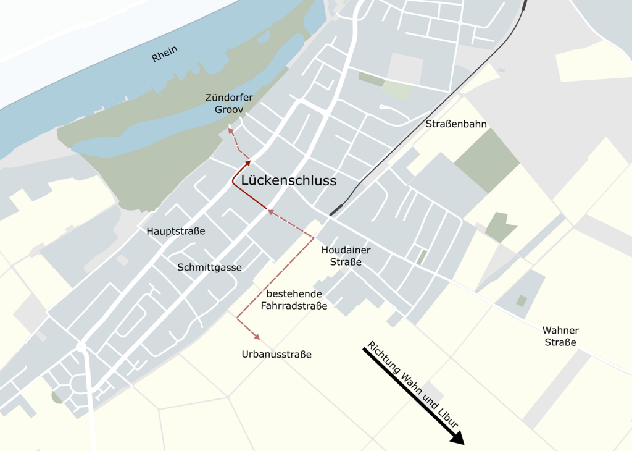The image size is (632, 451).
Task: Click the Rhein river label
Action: (165, 54)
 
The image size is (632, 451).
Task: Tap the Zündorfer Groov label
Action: (230, 103)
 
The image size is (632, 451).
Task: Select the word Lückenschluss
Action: (289, 180)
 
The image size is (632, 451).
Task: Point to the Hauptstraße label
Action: (176, 231)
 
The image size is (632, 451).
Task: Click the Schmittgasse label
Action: (209, 268)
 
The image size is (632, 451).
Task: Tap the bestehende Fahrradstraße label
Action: (294, 299)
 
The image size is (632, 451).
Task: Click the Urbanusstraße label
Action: (276, 355)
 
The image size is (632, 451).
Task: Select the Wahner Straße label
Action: (560, 336)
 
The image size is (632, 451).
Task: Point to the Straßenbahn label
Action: (456, 124)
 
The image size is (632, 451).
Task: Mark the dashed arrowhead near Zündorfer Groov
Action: (230, 129)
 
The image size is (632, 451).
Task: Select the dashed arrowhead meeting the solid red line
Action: (270, 212)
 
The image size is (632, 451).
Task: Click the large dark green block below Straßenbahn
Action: (488, 159)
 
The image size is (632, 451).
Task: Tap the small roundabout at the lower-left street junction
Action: (81, 347)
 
